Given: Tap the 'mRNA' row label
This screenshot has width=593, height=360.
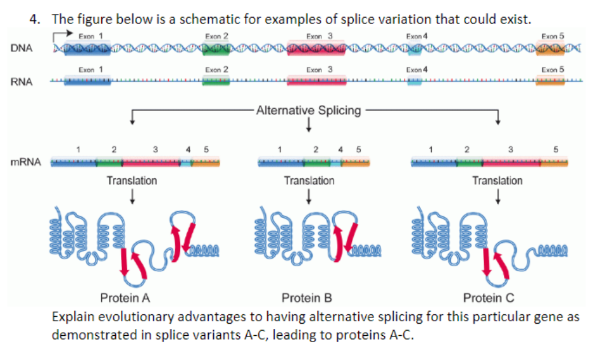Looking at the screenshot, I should pos(25,162).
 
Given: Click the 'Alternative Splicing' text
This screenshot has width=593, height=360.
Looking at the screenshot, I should pos(309,110).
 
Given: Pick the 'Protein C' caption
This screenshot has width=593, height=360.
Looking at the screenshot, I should pos(489,298).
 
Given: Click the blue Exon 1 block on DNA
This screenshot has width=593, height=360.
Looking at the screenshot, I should pos(87,48).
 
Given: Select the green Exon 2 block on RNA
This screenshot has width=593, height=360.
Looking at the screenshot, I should pos(216,81).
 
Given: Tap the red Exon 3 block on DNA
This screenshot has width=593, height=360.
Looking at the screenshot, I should pos(316,48).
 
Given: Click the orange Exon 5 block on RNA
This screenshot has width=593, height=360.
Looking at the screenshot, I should pos(550,81).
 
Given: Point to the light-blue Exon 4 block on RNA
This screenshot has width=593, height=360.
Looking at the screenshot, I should pos(415,81).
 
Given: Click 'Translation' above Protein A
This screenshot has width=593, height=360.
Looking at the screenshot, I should pos(132,181).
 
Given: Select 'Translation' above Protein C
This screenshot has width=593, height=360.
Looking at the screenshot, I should pos(497,181).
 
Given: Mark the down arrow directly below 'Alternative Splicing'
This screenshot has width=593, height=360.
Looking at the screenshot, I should pos(308,125).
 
